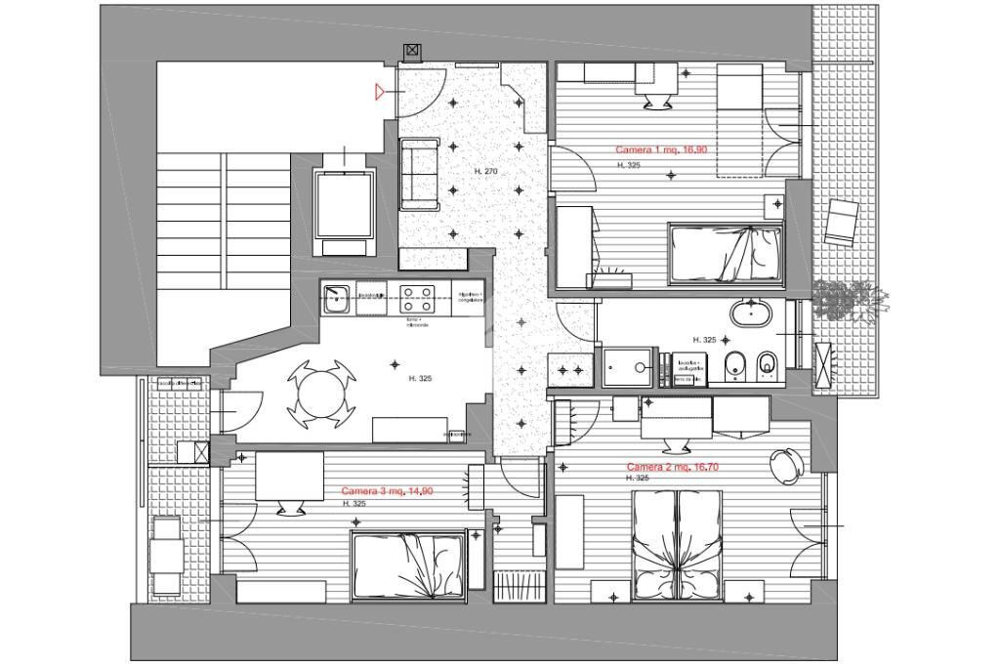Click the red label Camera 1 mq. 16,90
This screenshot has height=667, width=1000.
click(661, 150)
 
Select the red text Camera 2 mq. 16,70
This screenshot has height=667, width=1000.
click(673, 467)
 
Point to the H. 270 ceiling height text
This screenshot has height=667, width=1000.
click(485, 172)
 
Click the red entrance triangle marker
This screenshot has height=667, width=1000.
click(380, 92)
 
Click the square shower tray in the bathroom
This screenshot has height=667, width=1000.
click(632, 368)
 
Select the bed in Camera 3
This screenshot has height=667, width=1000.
click(408, 563)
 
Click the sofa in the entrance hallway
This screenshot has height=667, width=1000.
click(420, 173)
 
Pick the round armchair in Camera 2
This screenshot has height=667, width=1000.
click(785, 466)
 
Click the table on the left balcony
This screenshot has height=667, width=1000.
click(165, 556)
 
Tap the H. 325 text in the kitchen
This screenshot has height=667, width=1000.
click(420, 378)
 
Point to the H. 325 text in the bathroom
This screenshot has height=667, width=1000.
click(704, 340)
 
